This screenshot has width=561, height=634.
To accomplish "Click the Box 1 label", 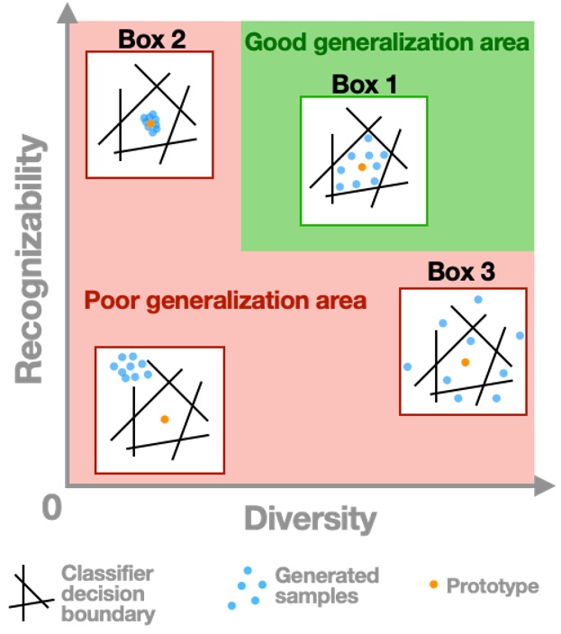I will coord(364,85).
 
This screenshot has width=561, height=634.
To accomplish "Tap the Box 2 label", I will coord(149,40).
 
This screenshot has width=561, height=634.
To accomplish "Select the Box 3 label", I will coord(460,272).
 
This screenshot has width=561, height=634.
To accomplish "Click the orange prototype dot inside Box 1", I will coord(361,167).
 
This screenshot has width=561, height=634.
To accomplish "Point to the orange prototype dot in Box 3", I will coord(465,361).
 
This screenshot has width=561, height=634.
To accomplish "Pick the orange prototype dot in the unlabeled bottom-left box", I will coord(164,419).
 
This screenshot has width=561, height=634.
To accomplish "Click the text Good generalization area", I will coord(386,41).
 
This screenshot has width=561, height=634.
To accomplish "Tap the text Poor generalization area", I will coord(225,300).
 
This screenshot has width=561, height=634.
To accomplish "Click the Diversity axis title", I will coord(310,520).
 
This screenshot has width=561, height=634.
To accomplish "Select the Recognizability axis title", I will coord(31,257).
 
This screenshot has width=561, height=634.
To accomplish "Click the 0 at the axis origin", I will coord(53,508).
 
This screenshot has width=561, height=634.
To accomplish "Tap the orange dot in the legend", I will coord(434,584).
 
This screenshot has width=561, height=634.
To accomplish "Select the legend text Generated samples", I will coord(327,585).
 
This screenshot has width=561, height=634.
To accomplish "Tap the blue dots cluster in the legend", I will coord(245,587).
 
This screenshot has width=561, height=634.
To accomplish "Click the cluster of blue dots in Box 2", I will coord(150,123).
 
